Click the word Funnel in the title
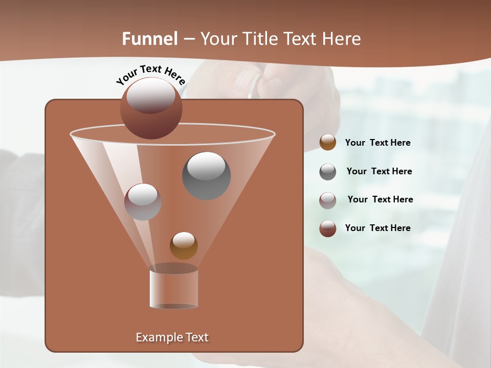coord(150,39)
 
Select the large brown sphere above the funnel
coord(151,108)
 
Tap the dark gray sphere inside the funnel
coord(206,176)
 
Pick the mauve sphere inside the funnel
coord(143,202)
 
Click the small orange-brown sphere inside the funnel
coord(184,245)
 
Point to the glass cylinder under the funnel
coord(174,289)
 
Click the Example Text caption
coord(172,337)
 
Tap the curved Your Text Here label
coord(150,75)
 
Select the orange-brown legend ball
coord(328,143)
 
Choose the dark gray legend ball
coord(328,172)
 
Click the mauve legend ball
coord(328,200)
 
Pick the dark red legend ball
coord(328,228)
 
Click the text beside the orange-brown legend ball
coord(377,143)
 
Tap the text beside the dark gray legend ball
coord(379,172)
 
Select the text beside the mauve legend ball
coord(380,200)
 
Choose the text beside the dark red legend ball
coord(377,228)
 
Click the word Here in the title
coord(342,39)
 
